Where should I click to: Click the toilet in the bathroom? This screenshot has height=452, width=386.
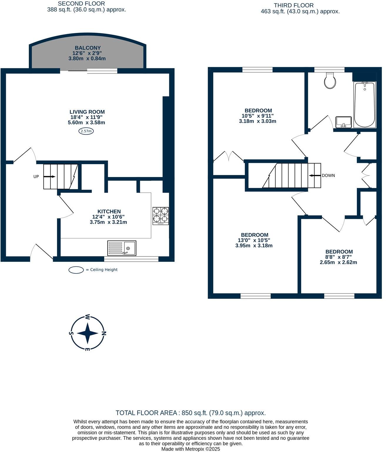point(330,81)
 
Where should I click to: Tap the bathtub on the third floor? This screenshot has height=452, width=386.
point(365,105)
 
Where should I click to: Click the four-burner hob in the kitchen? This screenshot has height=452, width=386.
point(161,216)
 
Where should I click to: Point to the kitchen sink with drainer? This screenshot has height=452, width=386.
point(122,248)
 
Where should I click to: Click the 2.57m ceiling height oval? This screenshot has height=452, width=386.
point(86,131)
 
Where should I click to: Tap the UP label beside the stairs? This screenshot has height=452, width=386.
point(36,177)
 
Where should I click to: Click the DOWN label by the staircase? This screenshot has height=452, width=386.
point(328,176)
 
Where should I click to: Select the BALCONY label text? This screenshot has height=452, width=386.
point(88,48)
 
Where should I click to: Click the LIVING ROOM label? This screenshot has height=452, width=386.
point(87,112)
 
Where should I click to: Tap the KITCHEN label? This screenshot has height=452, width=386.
point(109,211)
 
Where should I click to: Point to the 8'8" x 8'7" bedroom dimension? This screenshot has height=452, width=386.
point(339,257)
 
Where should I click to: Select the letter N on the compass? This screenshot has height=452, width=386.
point(104,333)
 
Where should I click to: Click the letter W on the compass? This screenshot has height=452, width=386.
point(87,317)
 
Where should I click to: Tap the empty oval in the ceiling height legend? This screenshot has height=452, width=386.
point(76,270)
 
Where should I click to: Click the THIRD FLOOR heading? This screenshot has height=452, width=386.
point(294,5)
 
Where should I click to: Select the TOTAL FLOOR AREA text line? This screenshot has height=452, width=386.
point(191,413)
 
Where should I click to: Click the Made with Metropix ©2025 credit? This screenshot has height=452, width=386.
point(191,449)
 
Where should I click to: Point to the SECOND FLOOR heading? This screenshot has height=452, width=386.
point(81,4)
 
